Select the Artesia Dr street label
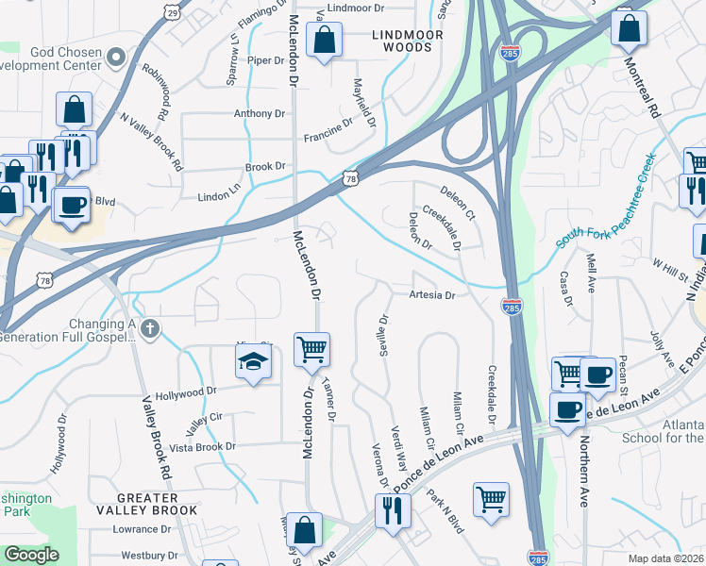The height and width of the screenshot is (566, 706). pyautogui.click(x=432, y=295)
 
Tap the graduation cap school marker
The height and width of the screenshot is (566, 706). pyautogui.click(x=253, y=362)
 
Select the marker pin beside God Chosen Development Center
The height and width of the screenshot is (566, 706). pyautogui.click(x=116, y=58)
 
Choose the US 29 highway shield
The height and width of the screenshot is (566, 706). pyautogui.click(x=171, y=11)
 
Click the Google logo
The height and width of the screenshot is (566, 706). pyautogui.click(x=31, y=555)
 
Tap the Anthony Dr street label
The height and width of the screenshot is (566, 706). pyautogui.click(x=260, y=113)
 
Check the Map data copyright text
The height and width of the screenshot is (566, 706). pyautogui.click(x=664, y=558)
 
